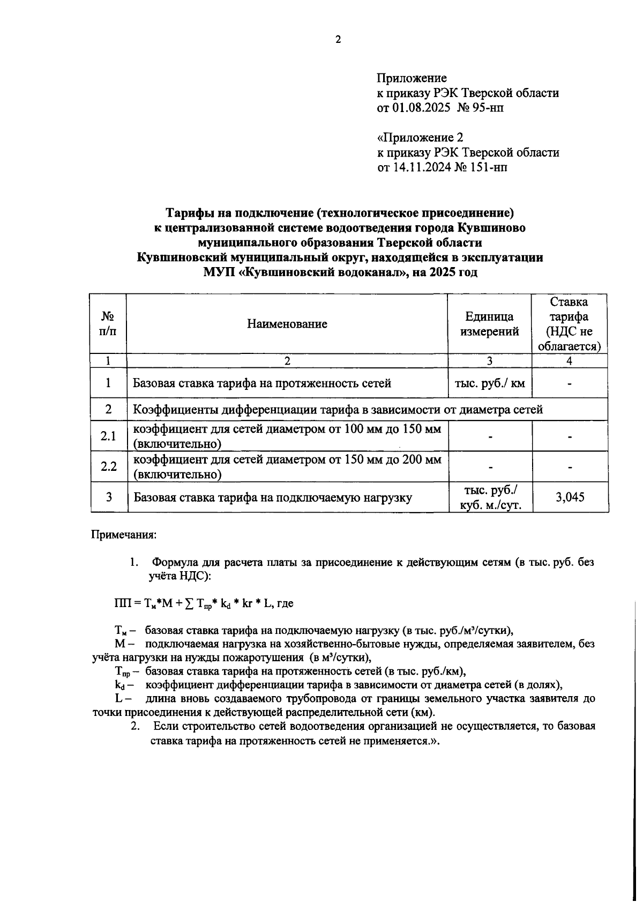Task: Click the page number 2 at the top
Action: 338,40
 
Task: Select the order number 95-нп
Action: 488,108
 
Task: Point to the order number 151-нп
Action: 489,167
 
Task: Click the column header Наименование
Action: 287,324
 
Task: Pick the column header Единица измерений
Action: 489,324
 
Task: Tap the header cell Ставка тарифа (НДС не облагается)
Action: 569,324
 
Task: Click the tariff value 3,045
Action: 570,497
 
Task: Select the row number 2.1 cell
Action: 108,436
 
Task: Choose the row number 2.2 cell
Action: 108,467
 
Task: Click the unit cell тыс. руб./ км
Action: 489,383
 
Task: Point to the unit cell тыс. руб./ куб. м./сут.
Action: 489,497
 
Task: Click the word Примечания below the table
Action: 124,535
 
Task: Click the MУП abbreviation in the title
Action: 219,272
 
